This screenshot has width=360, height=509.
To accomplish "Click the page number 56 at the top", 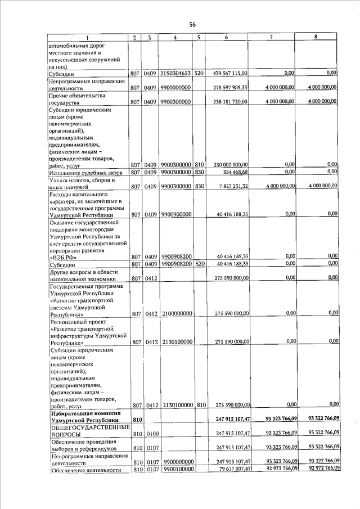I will tap(192, 25).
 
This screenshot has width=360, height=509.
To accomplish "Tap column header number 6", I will tap(226, 37).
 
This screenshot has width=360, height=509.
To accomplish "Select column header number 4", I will tap(175, 37).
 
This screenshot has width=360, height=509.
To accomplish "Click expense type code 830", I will tap(199, 172).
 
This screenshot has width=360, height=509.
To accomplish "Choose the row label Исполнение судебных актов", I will tap(85, 172).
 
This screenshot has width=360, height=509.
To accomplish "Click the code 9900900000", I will tap(175, 214).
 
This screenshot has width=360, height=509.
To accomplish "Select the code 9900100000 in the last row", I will tap(175, 469).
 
